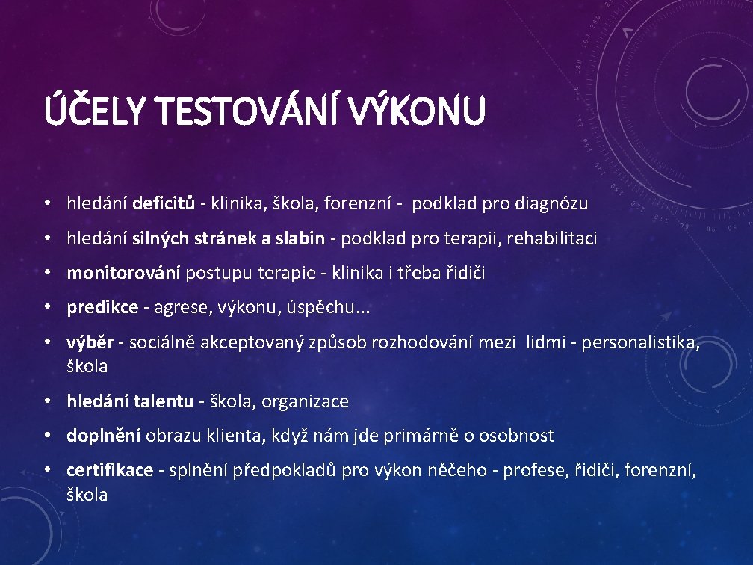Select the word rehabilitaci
pyautogui.click(x=554, y=238)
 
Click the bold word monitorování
pyautogui.click(x=123, y=273)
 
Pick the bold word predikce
pyautogui.click(x=102, y=307)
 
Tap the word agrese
pyautogui.click(x=179, y=308)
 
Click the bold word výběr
pyautogui.click(x=90, y=342)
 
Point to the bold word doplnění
pyautogui.click(x=104, y=436)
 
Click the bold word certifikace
pyautogui.click(x=110, y=470)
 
